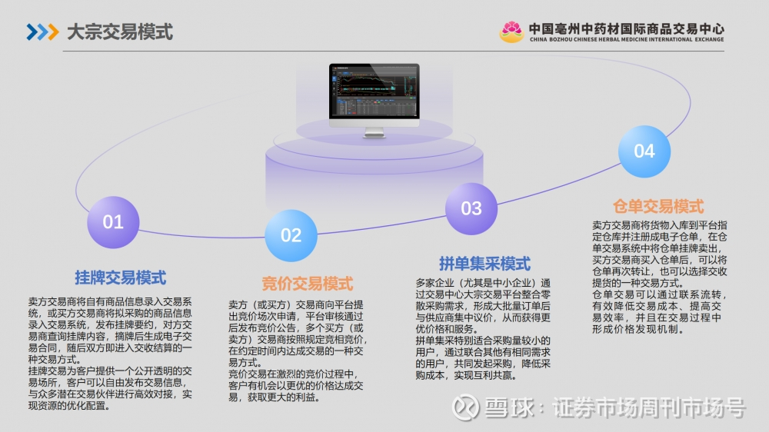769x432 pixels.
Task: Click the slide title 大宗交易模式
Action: click(x=120, y=32)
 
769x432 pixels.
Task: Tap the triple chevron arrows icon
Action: click(x=42, y=32)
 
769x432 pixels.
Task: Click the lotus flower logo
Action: click(x=511, y=32)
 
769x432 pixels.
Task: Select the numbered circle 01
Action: click(x=113, y=222)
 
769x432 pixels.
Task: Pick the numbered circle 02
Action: click(x=291, y=235)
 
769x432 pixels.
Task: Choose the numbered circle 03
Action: click(x=471, y=208)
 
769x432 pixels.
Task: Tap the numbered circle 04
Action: click(x=644, y=151)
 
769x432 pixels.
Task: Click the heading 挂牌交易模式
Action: click(x=121, y=277)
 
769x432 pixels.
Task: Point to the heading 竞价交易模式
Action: click(x=308, y=284)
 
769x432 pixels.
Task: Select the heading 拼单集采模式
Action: click(x=484, y=264)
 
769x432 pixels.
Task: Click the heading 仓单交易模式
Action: click(x=658, y=207)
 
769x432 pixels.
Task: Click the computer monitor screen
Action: click(x=375, y=91)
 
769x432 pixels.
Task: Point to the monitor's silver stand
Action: click(x=375, y=132)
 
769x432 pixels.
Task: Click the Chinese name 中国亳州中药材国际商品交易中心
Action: click(x=626, y=29)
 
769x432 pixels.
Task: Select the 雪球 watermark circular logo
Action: click(x=465, y=407)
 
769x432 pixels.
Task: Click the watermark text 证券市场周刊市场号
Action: click(x=649, y=407)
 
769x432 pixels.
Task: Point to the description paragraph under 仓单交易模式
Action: click(x=660, y=277)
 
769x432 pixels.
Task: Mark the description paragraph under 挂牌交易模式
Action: click(x=110, y=354)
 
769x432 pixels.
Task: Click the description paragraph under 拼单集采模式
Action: click(x=483, y=329)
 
